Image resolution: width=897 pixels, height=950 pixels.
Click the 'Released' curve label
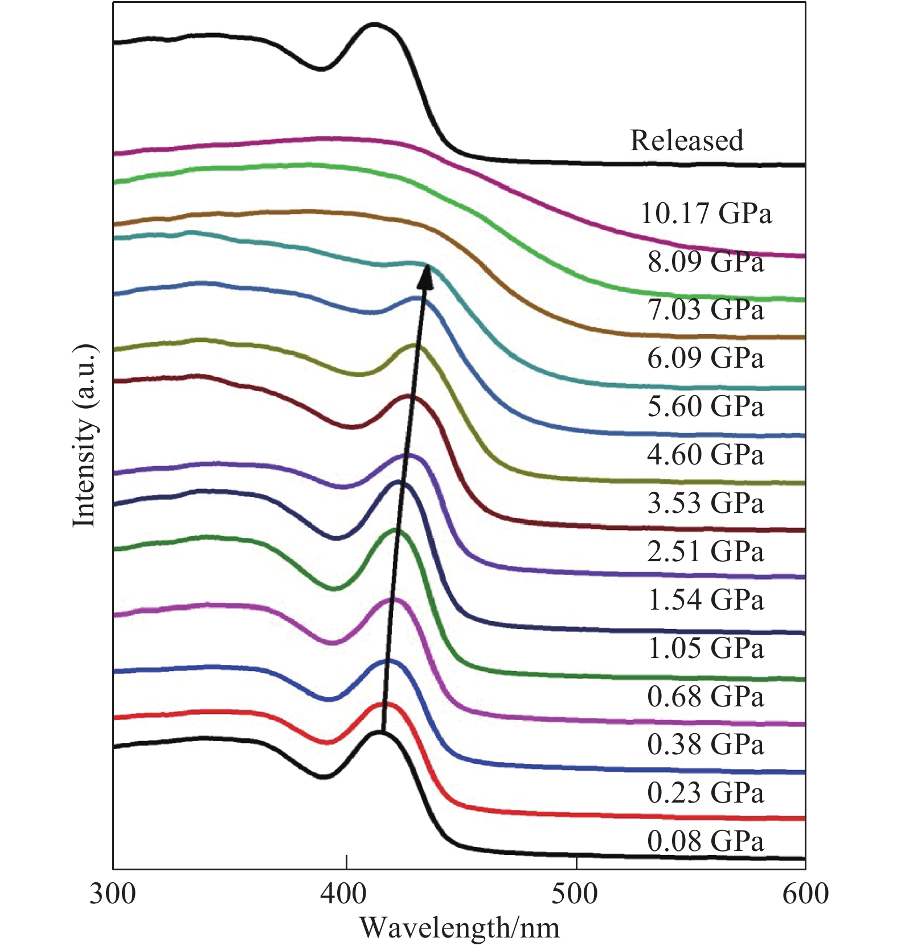tap(686, 141)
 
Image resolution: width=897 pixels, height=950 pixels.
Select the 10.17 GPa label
tap(706, 213)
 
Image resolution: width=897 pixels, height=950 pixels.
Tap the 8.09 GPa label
tap(706, 262)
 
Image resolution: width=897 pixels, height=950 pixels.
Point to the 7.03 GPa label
tap(706, 310)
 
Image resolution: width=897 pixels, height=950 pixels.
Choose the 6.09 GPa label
tap(706, 358)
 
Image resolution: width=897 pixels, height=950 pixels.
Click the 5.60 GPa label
tap(706, 406)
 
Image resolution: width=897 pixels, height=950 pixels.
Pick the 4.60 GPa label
tap(706, 455)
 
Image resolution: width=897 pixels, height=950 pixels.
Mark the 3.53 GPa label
tap(706, 503)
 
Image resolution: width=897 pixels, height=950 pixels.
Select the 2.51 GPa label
tap(706, 552)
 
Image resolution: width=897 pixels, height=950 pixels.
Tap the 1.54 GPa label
tap(706, 600)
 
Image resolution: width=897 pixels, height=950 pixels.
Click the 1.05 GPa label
tap(706, 648)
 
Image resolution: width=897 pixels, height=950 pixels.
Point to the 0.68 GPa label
tap(706, 697)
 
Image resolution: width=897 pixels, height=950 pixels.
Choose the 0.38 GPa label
tap(706, 745)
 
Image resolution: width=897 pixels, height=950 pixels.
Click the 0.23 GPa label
tap(706, 793)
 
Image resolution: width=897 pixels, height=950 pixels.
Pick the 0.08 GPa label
tap(706, 841)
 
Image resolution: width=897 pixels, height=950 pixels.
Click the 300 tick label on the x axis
tap(113, 894)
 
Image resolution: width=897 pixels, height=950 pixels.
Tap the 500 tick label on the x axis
tap(575, 894)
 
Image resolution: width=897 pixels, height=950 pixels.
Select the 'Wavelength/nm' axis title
tap(460, 928)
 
